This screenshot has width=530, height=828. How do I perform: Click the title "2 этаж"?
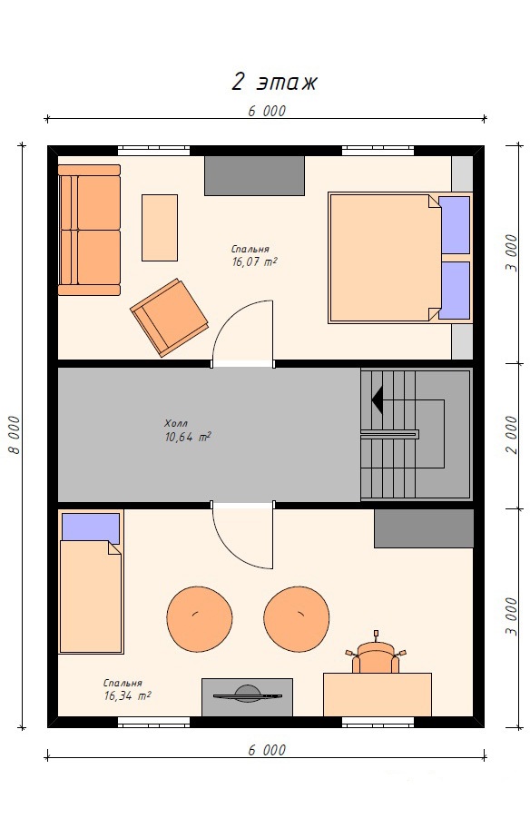[x=274, y=82]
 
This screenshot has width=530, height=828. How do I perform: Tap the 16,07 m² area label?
[x=255, y=261]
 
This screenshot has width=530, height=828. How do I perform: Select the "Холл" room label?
[x=176, y=423]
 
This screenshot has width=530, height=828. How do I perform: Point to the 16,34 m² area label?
[x=127, y=696]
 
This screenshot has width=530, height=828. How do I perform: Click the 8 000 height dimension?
[x=15, y=435]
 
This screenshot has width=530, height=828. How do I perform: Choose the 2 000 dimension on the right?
[x=511, y=435]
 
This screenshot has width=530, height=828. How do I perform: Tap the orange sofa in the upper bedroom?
[x=89, y=230]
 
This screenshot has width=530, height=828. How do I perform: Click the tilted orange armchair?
[x=170, y=318]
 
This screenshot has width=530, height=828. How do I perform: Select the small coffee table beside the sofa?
[x=160, y=228]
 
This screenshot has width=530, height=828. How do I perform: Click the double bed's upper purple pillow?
[x=454, y=225]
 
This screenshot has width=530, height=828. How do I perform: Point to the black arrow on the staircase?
[x=378, y=399]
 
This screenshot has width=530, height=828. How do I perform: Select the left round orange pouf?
[x=200, y=619]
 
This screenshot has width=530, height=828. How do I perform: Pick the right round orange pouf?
[x=297, y=619]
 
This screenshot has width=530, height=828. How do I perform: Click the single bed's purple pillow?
[x=90, y=527]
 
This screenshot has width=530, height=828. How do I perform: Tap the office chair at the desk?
[x=376, y=655]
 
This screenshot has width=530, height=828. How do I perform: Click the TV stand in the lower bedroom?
[x=247, y=697]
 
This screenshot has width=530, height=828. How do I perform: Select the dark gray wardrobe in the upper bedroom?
[x=254, y=176]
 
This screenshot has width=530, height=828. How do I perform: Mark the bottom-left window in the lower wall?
[x=153, y=723]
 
